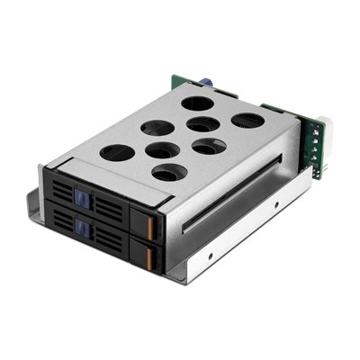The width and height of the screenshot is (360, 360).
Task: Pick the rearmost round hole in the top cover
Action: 197,103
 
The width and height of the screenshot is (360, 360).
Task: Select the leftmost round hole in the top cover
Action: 116,153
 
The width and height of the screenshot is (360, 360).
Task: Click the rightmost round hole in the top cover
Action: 247,121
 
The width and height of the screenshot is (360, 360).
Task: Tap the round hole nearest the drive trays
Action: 169,172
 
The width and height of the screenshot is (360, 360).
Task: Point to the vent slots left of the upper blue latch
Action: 60,193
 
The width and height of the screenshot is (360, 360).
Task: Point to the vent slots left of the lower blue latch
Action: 63,220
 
